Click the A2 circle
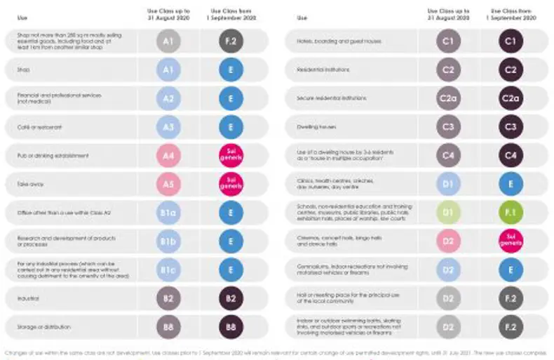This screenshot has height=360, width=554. tap(168, 98)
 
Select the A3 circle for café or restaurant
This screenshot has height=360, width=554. tap(168, 127)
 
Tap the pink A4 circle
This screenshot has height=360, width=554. tap(168, 155)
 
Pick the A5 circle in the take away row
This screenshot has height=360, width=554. tap(168, 184)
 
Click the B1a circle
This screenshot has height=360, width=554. tap(168, 213)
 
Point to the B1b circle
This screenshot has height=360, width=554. tap(168, 241)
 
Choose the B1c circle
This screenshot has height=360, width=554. tap(168, 270)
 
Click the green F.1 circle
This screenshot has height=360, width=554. tap(511, 213)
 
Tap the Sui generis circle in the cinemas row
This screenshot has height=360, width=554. tap(511, 241)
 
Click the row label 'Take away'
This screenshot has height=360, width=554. tap(28, 184)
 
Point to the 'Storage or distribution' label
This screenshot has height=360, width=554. tap(42, 327)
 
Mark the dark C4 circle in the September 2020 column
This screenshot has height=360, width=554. tap(511, 155)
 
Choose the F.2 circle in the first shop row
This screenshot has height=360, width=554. tap(230, 41)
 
